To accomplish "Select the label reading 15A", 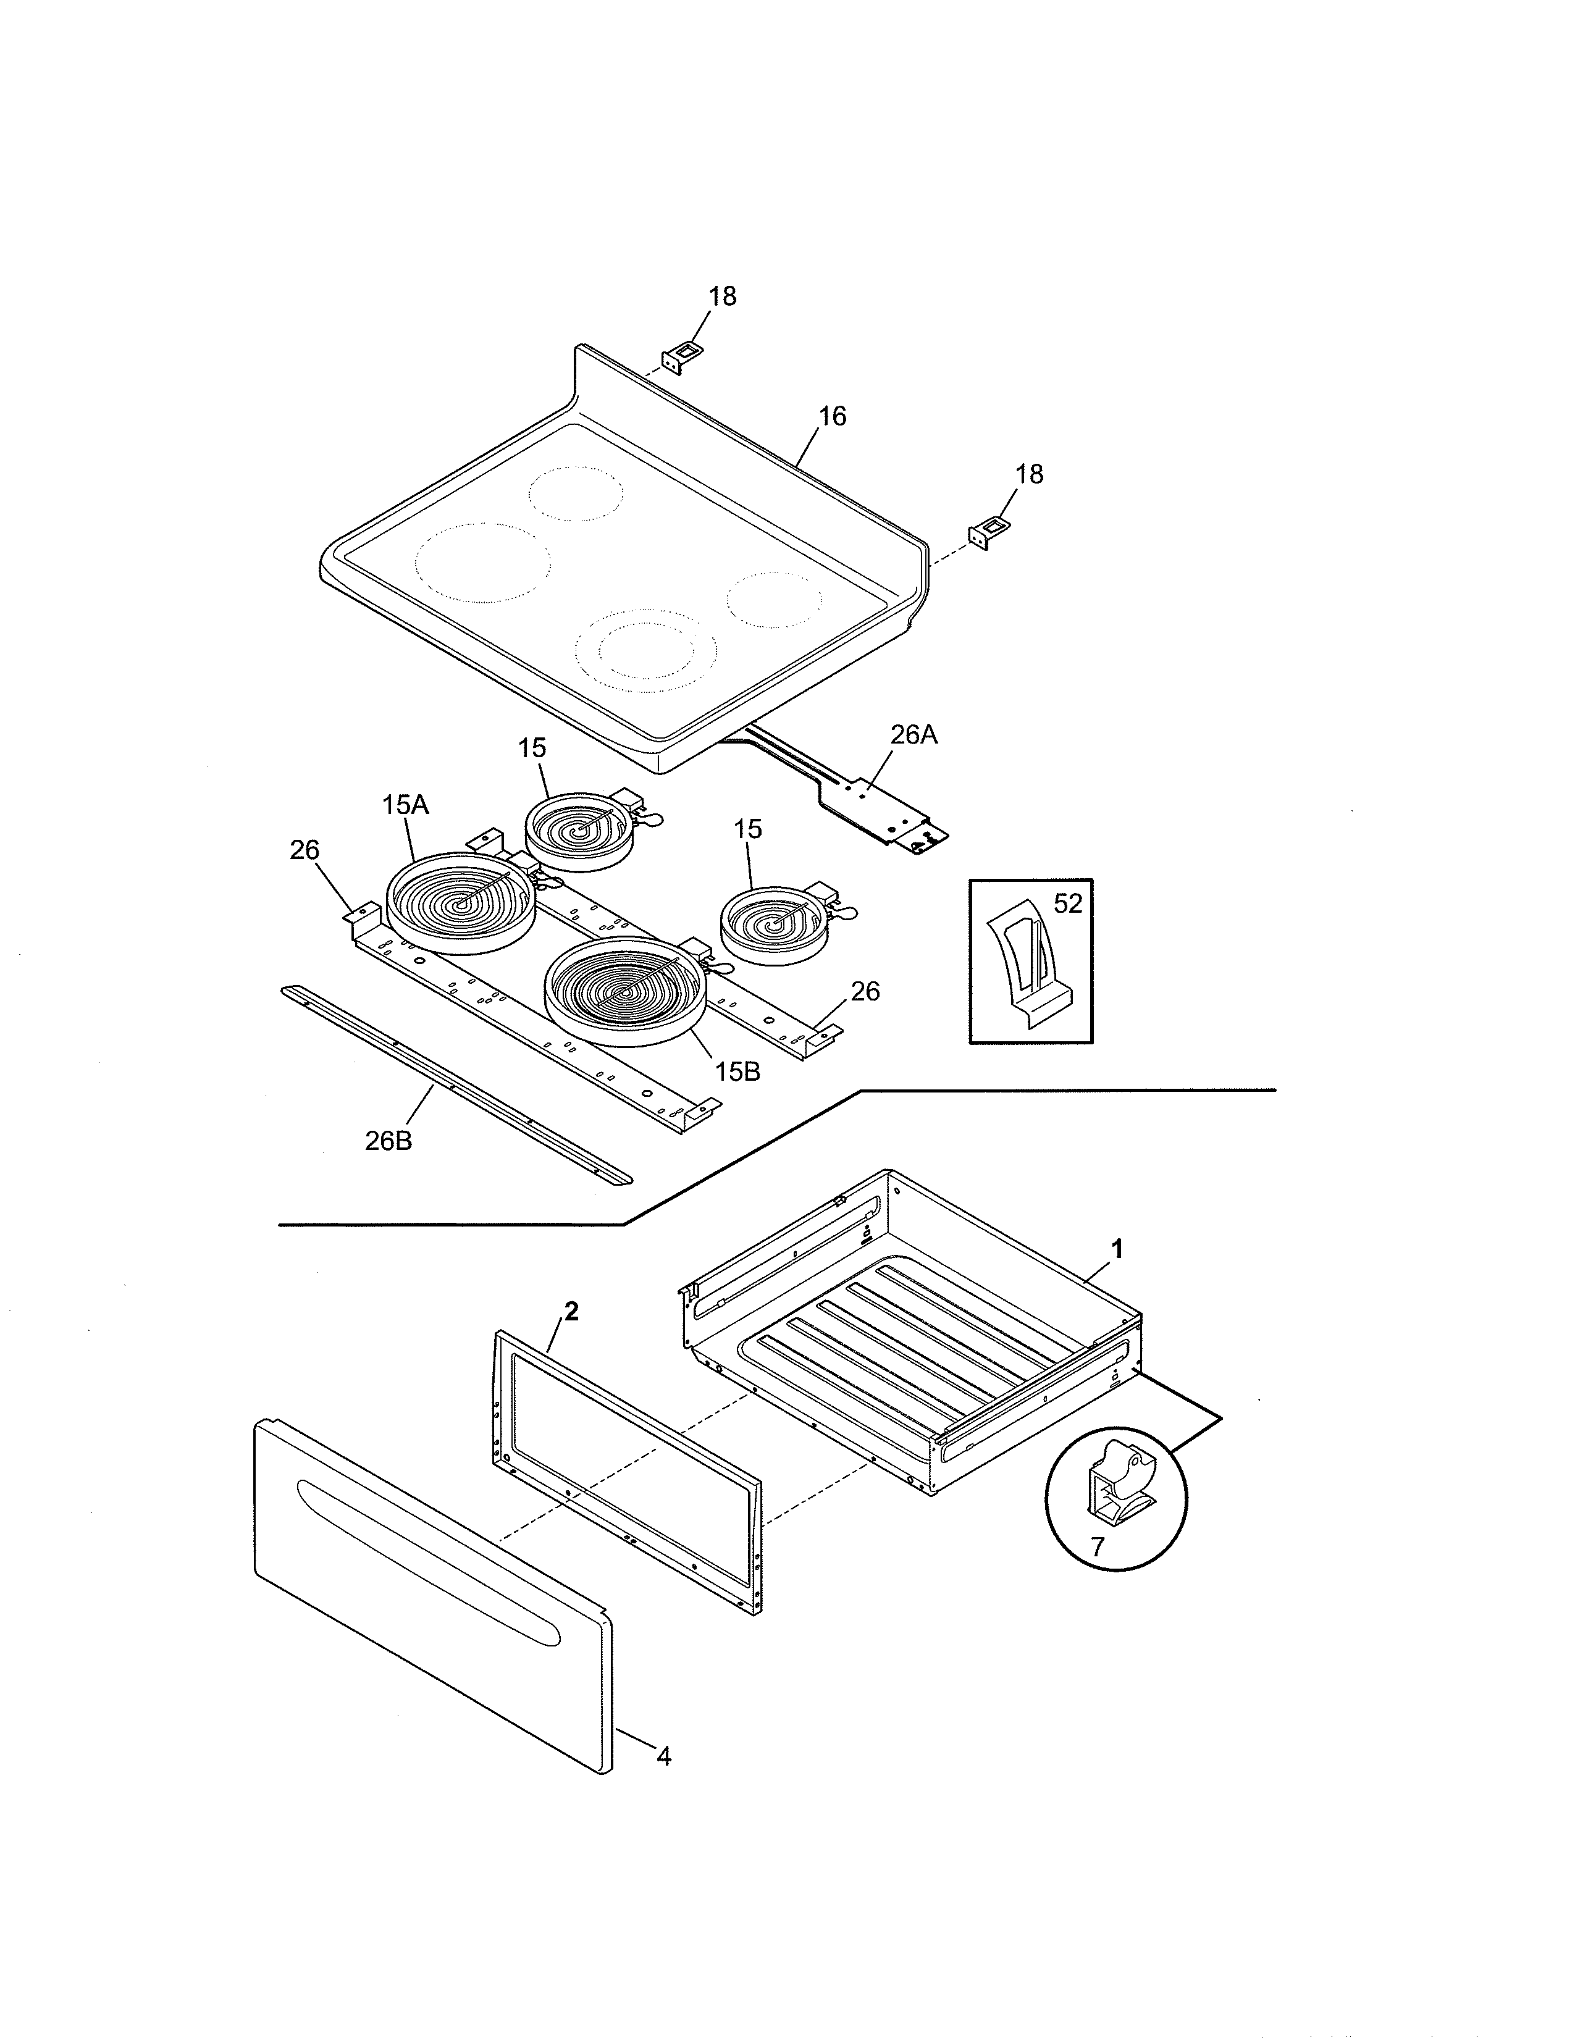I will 405,804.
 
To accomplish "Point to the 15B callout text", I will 737,1072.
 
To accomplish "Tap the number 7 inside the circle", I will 1098,1547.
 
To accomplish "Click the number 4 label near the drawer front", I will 663,1756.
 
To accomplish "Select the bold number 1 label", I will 1117,1249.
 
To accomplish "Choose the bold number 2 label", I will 571,1311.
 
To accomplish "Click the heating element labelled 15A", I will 460,904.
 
